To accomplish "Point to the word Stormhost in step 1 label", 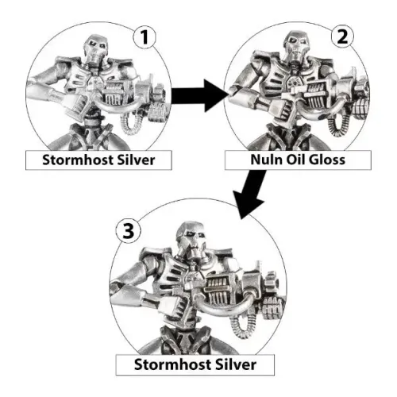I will coord(69,160).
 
